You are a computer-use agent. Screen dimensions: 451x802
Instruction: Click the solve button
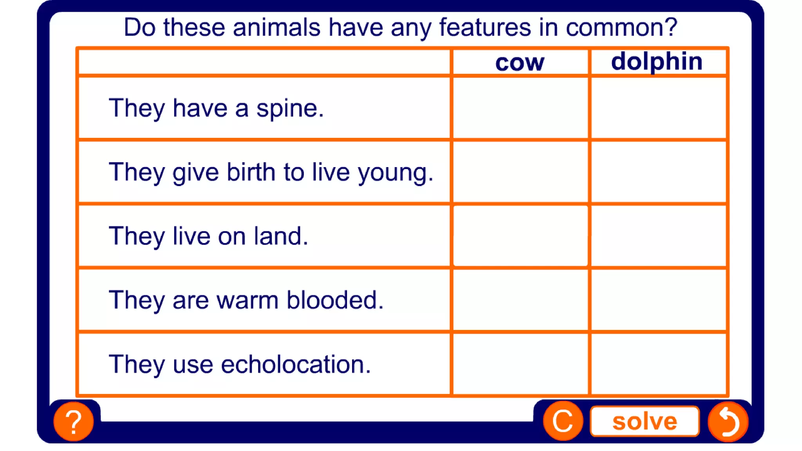(645, 421)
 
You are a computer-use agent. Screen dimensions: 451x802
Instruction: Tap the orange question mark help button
(74, 422)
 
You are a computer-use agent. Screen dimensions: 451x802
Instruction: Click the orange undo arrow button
(728, 422)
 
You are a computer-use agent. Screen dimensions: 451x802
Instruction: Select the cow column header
(520, 62)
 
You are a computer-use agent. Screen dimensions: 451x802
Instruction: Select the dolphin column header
(657, 61)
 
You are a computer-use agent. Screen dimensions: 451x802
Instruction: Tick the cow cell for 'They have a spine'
(520, 108)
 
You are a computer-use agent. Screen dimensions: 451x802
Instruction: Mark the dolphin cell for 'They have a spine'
(658, 108)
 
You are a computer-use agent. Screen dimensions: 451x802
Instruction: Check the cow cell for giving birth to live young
(520, 172)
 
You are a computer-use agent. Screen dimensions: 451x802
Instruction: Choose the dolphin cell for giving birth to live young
(658, 172)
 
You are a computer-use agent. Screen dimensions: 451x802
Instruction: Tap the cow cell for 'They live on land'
(520, 236)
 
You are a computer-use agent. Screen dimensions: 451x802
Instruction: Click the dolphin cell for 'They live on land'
(658, 236)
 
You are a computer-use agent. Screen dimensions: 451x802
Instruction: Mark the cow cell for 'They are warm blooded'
(520, 300)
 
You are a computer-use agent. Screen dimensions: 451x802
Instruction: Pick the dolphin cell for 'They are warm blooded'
(658, 300)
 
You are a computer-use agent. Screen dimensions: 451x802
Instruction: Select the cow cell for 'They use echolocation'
(520, 364)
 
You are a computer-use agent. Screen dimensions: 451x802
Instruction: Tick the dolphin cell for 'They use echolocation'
(658, 364)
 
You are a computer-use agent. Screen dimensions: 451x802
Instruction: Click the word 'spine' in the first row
(290, 108)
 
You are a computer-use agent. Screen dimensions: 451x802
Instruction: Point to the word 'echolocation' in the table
(296, 364)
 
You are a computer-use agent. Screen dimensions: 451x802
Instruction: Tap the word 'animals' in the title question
(276, 27)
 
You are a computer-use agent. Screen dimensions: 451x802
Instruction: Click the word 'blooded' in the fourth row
(335, 300)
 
